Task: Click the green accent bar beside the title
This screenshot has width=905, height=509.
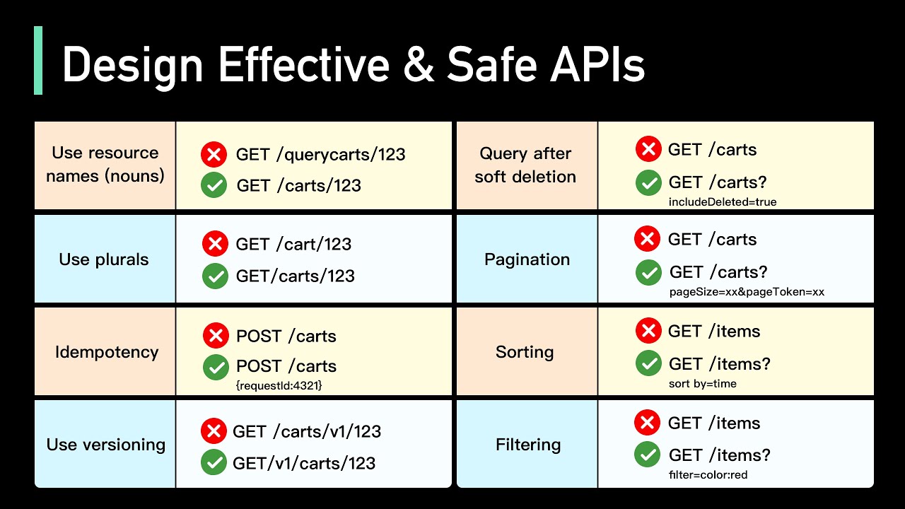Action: (38, 61)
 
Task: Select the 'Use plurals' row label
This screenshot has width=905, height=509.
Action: (104, 259)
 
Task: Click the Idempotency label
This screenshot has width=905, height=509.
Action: (107, 352)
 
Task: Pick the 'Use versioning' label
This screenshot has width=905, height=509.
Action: (105, 445)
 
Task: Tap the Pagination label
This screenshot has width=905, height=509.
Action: (527, 259)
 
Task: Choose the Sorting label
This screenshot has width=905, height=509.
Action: (525, 352)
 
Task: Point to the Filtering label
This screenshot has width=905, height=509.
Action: (527, 445)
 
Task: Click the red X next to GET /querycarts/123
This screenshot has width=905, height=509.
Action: (214, 154)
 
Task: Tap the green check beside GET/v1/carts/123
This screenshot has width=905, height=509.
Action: (214, 463)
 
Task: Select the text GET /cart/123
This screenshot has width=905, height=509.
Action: (293, 244)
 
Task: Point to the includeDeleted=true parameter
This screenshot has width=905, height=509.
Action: (722, 202)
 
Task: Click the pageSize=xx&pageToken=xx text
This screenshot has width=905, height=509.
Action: (746, 291)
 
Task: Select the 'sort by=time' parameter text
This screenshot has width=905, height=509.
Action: (702, 384)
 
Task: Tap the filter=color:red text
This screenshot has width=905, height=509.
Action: (707, 475)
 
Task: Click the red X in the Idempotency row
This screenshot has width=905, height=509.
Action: (216, 336)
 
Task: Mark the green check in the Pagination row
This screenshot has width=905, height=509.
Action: (648, 272)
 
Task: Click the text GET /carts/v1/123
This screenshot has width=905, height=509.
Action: (307, 431)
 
